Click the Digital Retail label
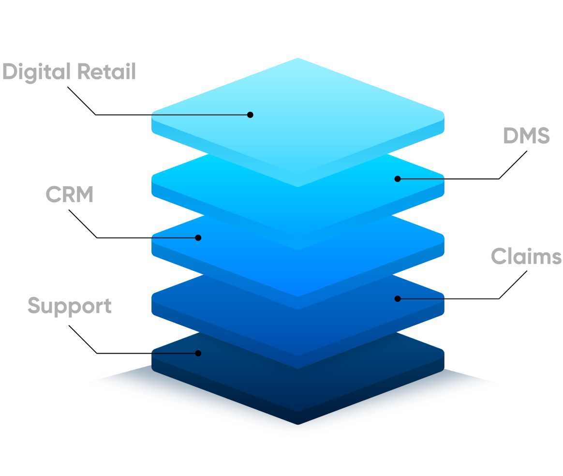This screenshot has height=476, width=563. pos(69,72)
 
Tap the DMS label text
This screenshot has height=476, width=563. pos(526,136)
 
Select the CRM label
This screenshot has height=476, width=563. pos(69,194)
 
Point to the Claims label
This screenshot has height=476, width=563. pos(526,256)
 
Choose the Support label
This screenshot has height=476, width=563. pos(69,306)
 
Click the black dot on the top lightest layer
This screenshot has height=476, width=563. pos(250,115)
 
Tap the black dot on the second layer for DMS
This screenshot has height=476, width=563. pos(397,178)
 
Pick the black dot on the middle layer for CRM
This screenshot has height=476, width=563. pos(198,238)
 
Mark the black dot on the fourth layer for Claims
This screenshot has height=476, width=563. pos(397,298)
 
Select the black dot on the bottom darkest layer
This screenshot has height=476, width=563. pos(198,353)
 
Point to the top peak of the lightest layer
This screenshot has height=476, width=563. pos(298,59)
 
